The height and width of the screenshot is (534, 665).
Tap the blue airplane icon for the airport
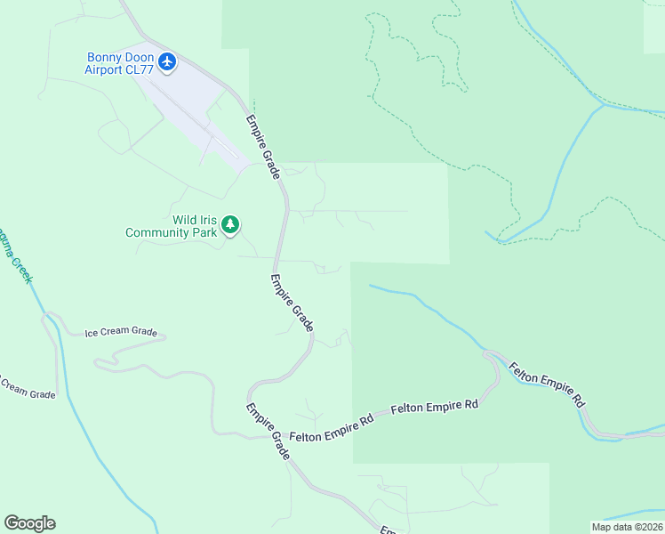point(168,62)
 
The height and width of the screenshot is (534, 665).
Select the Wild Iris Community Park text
point(172,226)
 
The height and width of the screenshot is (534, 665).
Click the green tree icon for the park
point(231,224)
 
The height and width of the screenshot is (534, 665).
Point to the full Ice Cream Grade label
point(121,333)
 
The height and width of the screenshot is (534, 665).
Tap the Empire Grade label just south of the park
point(292,303)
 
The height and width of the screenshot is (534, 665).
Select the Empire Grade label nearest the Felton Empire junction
point(268,433)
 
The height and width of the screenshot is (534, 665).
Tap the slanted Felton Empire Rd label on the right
point(547,383)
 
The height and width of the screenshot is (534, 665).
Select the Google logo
point(29,523)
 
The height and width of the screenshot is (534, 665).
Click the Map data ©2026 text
point(628,527)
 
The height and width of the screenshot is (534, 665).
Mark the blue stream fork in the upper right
point(604,105)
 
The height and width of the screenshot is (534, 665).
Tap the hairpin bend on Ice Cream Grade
point(100,362)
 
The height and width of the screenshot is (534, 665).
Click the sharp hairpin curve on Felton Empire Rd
point(490,356)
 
